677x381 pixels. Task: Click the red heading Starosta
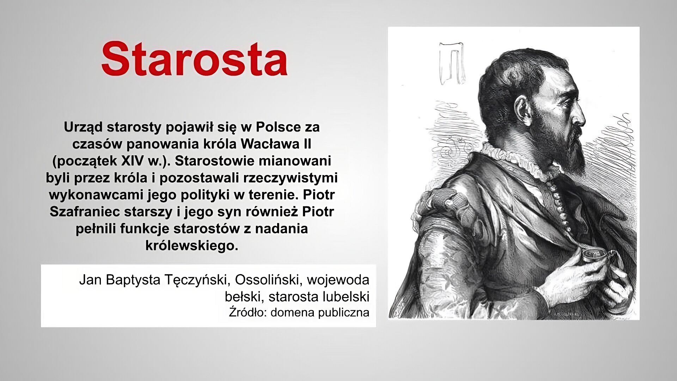pos(194,59)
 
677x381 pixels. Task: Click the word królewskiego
pos(191,246)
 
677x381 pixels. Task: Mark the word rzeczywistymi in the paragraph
pos(290,178)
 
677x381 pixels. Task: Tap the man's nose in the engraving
pos(580,112)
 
